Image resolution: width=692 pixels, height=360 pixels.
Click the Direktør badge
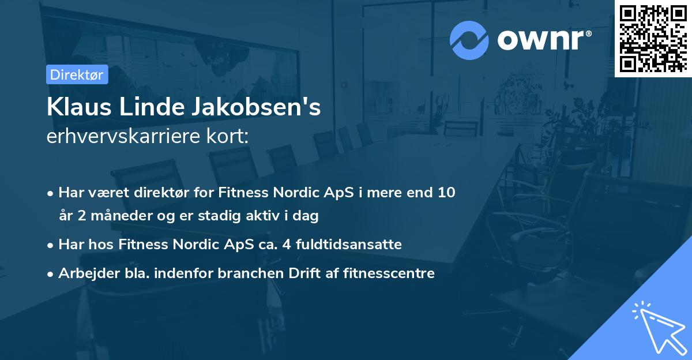(77, 74)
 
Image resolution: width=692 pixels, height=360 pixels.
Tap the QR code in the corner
(653, 38)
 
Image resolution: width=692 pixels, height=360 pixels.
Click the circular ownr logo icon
(469, 40)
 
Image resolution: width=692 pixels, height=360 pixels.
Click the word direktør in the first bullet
(167, 192)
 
